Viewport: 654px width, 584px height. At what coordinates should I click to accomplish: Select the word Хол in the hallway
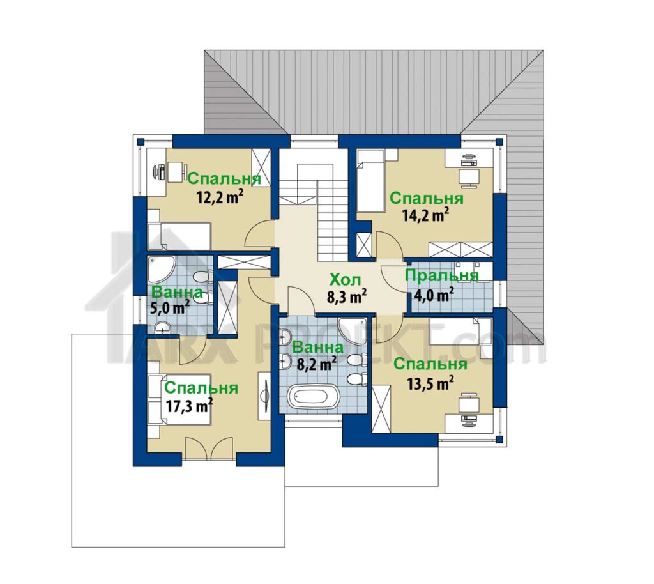[x=345, y=279]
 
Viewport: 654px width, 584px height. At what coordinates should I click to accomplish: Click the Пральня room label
[x=442, y=275]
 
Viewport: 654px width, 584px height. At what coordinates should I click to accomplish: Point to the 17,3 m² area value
[x=190, y=405]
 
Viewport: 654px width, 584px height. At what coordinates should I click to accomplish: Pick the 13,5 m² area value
[x=430, y=382]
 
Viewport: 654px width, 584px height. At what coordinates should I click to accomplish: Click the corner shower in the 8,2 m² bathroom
[x=353, y=332]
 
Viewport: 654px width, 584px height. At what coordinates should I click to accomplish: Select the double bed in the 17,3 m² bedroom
[x=179, y=400]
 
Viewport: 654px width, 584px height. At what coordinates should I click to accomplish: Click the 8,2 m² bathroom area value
[x=317, y=364]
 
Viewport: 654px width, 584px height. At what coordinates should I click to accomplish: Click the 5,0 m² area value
[x=169, y=308]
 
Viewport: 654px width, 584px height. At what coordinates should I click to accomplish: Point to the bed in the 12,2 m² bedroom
[x=179, y=236]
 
